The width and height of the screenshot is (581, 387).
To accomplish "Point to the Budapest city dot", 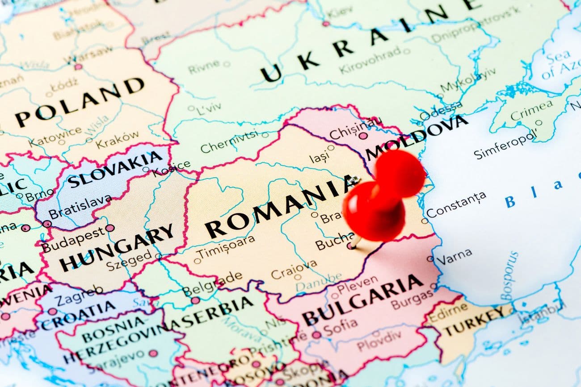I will click(110, 228).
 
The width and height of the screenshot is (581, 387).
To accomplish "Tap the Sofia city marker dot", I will click(316, 335).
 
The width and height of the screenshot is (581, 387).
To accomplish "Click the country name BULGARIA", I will click(362, 300).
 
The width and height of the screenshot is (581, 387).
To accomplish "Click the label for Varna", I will click(454, 255).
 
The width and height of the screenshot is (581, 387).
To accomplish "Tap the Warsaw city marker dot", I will click(78, 67).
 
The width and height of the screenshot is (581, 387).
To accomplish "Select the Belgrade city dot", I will click(195, 300).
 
